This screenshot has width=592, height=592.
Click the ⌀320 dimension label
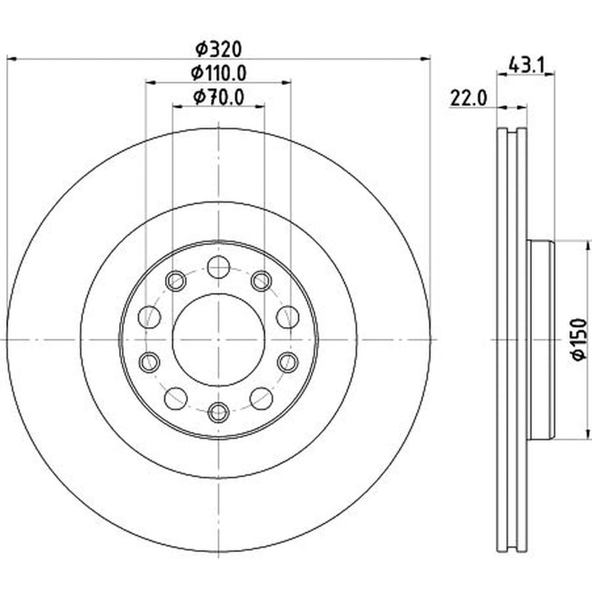pyautogui.click(x=218, y=50)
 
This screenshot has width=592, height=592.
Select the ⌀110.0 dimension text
pyautogui.click(x=218, y=73)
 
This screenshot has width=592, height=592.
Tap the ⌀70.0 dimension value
pyautogui.click(x=218, y=97)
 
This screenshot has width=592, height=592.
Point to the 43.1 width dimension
pyautogui.click(x=526, y=65)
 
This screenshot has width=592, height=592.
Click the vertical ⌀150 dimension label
pyautogui.click(x=579, y=340)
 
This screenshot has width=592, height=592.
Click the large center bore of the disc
pyautogui.click(x=218, y=340)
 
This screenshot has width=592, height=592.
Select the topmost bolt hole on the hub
pyautogui.click(x=218, y=267)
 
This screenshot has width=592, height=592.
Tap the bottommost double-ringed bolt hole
pyautogui.click(x=218, y=413)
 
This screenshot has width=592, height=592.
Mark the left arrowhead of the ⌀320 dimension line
pyautogui.click(x=12, y=59)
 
